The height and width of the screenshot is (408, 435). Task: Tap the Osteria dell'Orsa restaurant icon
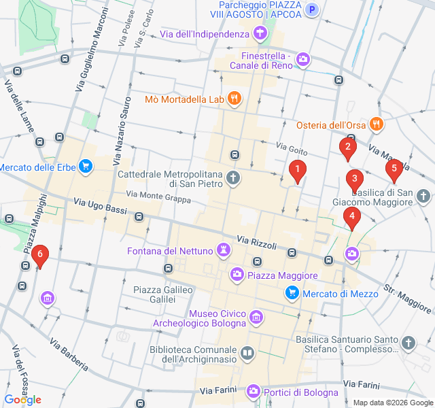[x=376, y=124]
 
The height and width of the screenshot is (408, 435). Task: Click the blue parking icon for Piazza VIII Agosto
[x=312, y=9]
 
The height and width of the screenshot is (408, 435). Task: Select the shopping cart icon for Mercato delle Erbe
[x=85, y=166]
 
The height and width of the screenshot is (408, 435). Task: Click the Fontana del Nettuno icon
[x=223, y=250]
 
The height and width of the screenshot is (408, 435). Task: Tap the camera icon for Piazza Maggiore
[x=237, y=275]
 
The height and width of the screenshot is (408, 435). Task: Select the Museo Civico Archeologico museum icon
[x=256, y=317]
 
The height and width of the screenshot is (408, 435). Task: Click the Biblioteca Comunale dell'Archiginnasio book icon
[x=247, y=354]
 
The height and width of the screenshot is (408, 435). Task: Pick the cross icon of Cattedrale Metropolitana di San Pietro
[x=233, y=179]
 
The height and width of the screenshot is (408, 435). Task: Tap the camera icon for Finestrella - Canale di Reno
[x=303, y=61]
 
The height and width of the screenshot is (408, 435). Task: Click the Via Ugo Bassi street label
[x=99, y=206]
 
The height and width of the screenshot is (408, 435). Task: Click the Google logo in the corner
[x=22, y=400]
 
